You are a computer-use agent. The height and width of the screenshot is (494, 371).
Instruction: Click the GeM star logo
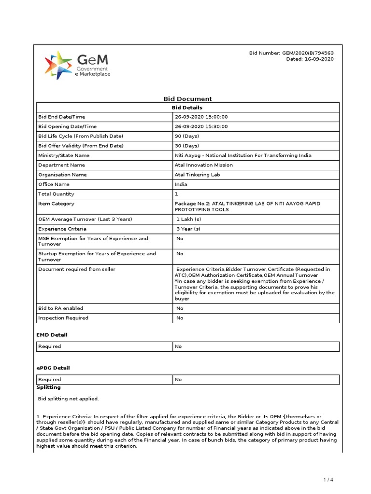(x=58, y=66)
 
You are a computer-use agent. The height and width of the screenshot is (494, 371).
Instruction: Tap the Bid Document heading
(x=187, y=99)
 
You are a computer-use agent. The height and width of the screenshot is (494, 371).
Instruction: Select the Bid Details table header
(x=187, y=108)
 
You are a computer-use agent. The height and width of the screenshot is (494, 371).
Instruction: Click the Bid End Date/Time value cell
(x=201, y=117)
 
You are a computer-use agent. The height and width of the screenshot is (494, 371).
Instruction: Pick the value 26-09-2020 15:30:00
(x=201, y=126)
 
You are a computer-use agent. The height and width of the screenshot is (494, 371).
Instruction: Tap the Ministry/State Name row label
(x=64, y=155)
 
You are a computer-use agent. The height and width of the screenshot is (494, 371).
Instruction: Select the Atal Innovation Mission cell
(x=204, y=165)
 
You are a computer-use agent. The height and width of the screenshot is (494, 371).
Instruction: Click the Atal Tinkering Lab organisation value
(x=197, y=175)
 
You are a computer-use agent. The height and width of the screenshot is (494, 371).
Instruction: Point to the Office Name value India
(x=181, y=184)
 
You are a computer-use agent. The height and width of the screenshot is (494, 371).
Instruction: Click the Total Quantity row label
(x=57, y=194)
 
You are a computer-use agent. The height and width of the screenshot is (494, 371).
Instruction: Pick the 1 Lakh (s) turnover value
(x=189, y=219)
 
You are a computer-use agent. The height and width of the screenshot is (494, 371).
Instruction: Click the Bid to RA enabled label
(x=61, y=308)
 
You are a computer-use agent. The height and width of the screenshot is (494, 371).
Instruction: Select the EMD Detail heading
(x=52, y=335)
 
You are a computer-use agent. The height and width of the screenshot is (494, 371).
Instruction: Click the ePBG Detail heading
(x=53, y=368)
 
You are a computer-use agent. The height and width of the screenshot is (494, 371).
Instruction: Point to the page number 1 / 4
(x=328, y=480)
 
